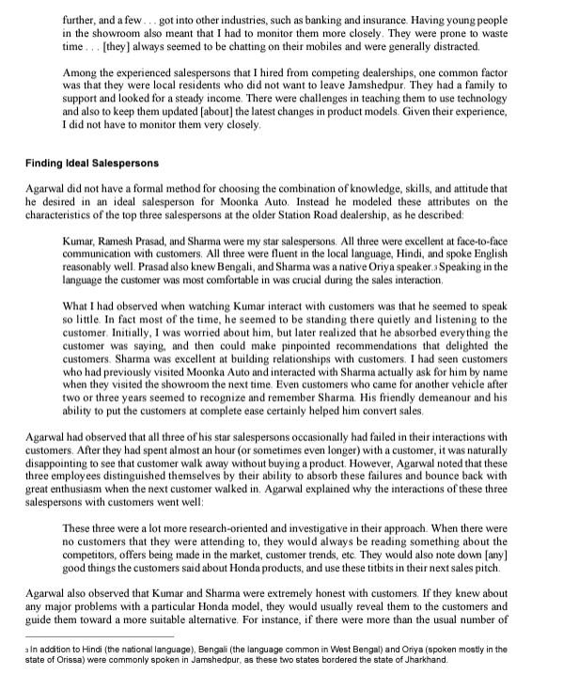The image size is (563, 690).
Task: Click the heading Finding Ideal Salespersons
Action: click(92, 164)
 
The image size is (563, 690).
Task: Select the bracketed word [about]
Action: click(214, 111)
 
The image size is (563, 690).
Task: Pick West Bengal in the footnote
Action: click(282, 648)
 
